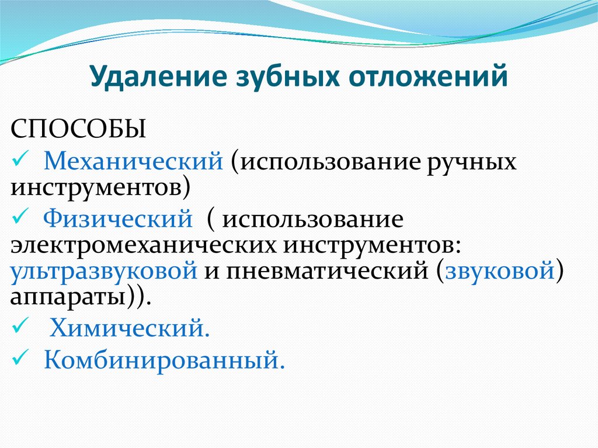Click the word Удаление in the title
pyautogui.click(x=158, y=77)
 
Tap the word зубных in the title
pyautogui.click(x=287, y=77)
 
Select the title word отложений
pyautogui.click(x=428, y=77)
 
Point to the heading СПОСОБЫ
pyautogui.click(x=78, y=129)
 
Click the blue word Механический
pyautogui.click(x=133, y=161)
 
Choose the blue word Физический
pyautogui.click(x=118, y=218)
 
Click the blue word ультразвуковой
pyautogui.click(x=104, y=272)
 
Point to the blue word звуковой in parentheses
pyautogui.click(x=500, y=270)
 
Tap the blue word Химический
pyautogui.click(x=130, y=328)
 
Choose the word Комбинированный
pyautogui.click(x=164, y=360)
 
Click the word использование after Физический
pyautogui.click(x=313, y=220)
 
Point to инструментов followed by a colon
pyautogui.click(x=372, y=246)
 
